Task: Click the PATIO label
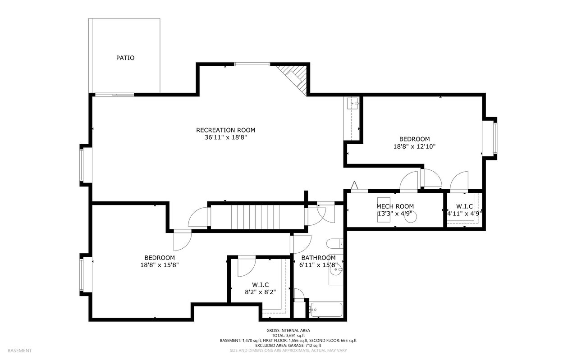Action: pos(125,58)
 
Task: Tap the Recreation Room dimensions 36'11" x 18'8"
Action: pos(226,137)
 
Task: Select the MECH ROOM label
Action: pos(395,206)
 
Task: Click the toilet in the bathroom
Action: pos(334,243)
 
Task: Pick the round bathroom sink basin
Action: pos(336,269)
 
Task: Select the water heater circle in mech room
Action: pos(410,217)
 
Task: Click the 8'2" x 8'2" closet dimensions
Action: pos(260,292)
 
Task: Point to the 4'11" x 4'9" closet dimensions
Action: pos(464,214)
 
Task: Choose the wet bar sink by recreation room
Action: pos(353,104)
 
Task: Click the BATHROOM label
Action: pos(318,258)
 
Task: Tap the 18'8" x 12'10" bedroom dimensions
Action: pos(414,146)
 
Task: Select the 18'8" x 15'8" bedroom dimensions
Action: pos(160,265)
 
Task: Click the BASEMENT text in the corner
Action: pos(19,351)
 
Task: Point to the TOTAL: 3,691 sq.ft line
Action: pos(288,336)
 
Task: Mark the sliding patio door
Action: pos(114,95)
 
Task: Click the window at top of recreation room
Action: pos(252,64)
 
